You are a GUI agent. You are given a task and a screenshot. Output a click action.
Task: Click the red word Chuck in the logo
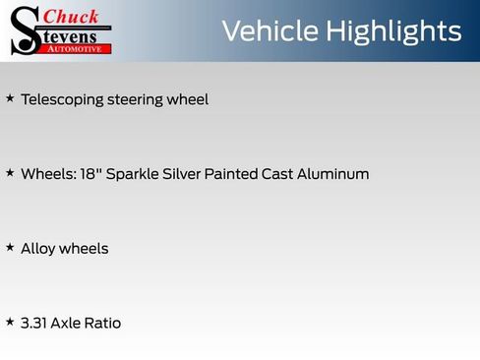pos(73,16)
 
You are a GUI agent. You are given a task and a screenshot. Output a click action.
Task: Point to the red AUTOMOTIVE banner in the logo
pos(75,48)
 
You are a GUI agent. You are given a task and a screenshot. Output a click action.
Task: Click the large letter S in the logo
pos(24,30)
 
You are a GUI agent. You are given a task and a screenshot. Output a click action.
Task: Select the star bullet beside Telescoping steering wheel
pos(10,98)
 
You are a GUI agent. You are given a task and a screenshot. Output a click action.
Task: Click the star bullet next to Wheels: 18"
pos(10,173)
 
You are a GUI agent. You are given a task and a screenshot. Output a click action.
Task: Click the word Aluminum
pos(331,173)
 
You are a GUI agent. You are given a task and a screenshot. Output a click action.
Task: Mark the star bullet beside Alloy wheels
pos(10,247)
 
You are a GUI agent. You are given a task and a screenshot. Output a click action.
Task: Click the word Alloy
pos(37,248)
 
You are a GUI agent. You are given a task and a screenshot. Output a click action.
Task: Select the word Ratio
pos(101,323)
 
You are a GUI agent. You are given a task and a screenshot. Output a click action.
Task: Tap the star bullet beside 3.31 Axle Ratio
pos(10,322)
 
